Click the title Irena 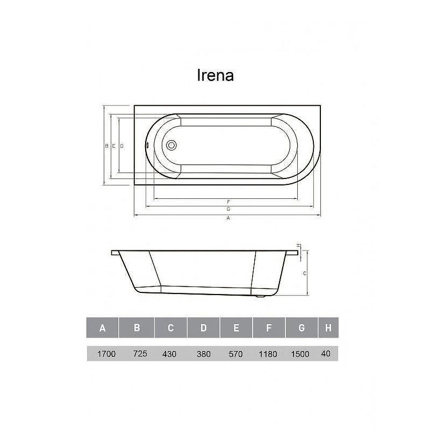click(x=216, y=75)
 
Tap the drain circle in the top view click(x=171, y=145)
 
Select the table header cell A click(x=102, y=327)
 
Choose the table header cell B click(x=137, y=327)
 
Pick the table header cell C click(x=170, y=327)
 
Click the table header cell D click(x=204, y=327)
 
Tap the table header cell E click(x=236, y=327)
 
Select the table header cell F click(x=269, y=327)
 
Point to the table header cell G click(x=302, y=327)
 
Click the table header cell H click(x=328, y=327)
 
